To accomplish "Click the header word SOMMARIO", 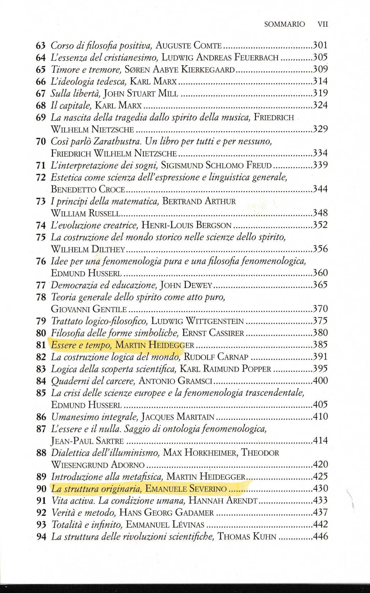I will (285, 24).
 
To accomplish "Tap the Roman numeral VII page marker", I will (322, 24).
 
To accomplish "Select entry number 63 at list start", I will (41, 46).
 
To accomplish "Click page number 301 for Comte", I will (320, 45).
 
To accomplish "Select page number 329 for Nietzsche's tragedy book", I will (320, 129).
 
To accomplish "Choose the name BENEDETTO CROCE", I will (88, 189).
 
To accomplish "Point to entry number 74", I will (41, 225).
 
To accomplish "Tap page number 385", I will (320, 345).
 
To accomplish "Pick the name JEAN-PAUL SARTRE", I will (87, 441).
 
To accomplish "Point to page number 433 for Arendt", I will (320, 500).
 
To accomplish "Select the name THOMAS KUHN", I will (247, 536).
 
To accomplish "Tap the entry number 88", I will (41, 453).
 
